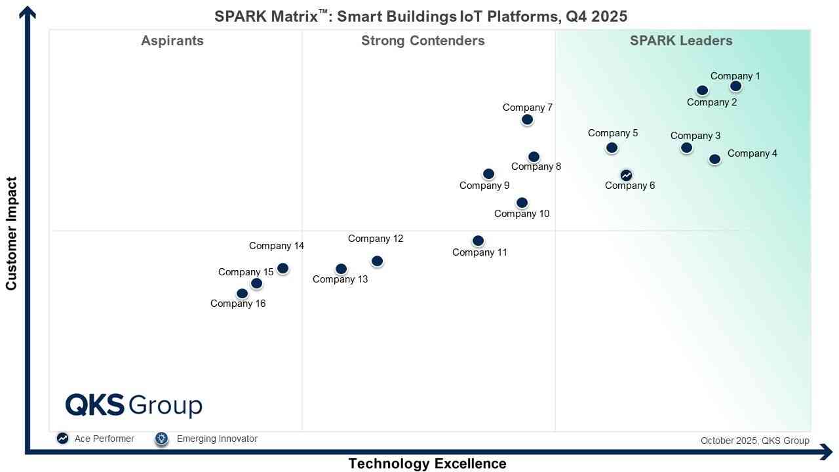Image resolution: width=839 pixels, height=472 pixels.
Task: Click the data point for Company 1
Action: pyautogui.click(x=735, y=86)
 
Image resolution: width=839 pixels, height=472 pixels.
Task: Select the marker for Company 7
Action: pyautogui.click(x=527, y=119)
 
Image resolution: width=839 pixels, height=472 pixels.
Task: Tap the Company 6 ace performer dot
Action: pyautogui.click(x=626, y=175)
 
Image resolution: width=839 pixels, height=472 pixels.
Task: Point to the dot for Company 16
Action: pyautogui.click(x=242, y=294)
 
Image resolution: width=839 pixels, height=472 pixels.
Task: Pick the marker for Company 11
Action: pyautogui.click(x=478, y=241)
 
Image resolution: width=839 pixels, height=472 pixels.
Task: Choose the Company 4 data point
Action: pyautogui.click(x=714, y=159)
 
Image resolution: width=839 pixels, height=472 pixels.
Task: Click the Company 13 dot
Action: pyautogui.click(x=341, y=269)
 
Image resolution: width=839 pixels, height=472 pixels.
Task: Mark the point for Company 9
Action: pyautogui.click(x=488, y=174)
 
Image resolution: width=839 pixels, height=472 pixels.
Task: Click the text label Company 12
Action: pyautogui.click(x=376, y=239)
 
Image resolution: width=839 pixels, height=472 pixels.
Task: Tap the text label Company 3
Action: pyautogui.click(x=695, y=136)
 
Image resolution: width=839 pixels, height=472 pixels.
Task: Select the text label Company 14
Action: pyautogui.click(x=277, y=246)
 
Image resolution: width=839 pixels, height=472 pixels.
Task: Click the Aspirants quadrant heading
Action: pyautogui.click(x=172, y=41)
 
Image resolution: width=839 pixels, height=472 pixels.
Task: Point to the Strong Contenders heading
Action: pyautogui.click(x=423, y=41)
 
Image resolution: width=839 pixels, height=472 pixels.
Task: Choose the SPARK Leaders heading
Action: pyautogui.click(x=681, y=41)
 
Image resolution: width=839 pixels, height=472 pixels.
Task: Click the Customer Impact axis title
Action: pyautogui.click(x=11, y=233)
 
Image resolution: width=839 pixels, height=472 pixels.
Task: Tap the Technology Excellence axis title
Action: pyautogui.click(x=427, y=463)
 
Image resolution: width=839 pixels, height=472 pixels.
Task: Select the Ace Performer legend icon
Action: pyautogui.click(x=62, y=439)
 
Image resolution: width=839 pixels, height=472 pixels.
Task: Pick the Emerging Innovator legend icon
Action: pyautogui.click(x=162, y=439)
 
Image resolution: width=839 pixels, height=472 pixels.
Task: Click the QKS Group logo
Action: pyautogui.click(x=134, y=405)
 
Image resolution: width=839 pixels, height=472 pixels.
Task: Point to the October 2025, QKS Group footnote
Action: pyautogui.click(x=754, y=441)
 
